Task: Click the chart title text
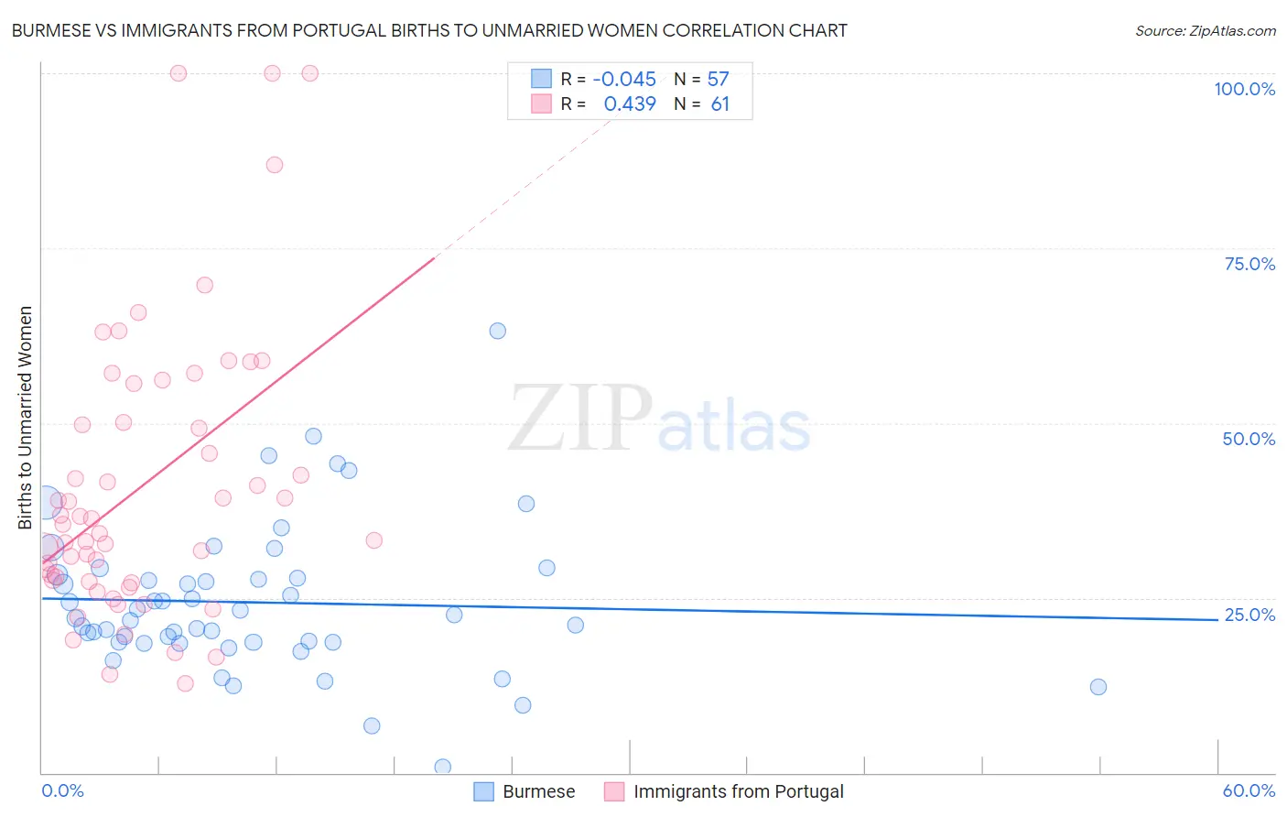pyautogui.click(x=429, y=30)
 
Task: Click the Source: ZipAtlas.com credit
pyautogui.click(x=1205, y=30)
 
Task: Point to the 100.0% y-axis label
pyautogui.click(x=1244, y=89)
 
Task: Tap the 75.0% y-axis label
pyautogui.click(x=1249, y=264)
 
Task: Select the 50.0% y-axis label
pyautogui.click(x=1249, y=439)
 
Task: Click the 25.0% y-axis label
pyautogui.click(x=1249, y=615)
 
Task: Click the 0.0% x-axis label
pyautogui.click(x=62, y=790)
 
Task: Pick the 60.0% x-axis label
pyautogui.click(x=1249, y=790)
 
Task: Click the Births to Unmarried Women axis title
pyautogui.click(x=25, y=418)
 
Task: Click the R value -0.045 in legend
pyautogui.click(x=624, y=80)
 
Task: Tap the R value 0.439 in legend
pyautogui.click(x=630, y=104)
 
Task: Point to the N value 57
pyautogui.click(x=718, y=80)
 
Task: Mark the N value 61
pyautogui.click(x=719, y=104)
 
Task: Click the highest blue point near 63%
pyautogui.click(x=497, y=331)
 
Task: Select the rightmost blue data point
pyautogui.click(x=1098, y=687)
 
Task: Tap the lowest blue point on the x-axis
pyautogui.click(x=442, y=767)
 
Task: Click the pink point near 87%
pyautogui.click(x=275, y=165)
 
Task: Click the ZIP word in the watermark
pyautogui.click(x=580, y=419)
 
